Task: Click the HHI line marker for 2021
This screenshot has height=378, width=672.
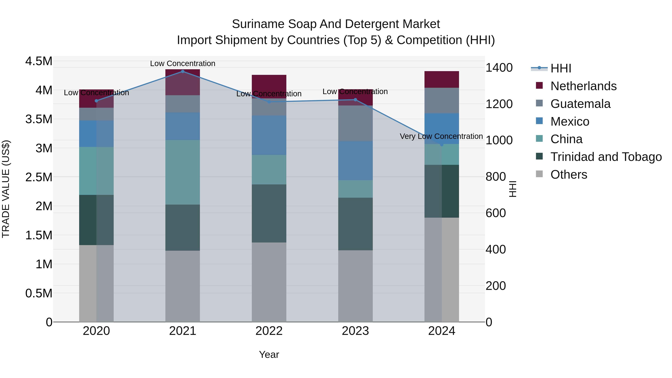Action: click(x=183, y=71)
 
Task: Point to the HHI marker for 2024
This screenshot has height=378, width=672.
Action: click(x=442, y=144)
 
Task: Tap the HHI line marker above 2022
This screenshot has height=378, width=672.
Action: click(x=269, y=102)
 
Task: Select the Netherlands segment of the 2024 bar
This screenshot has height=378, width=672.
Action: click(x=442, y=79)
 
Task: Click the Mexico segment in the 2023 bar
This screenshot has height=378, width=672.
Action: click(x=355, y=160)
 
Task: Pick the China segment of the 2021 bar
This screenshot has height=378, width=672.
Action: click(x=183, y=172)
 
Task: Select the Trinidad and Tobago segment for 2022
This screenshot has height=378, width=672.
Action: click(x=269, y=213)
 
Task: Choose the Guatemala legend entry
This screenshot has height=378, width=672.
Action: click(x=580, y=104)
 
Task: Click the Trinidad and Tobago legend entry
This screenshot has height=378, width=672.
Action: click(x=606, y=157)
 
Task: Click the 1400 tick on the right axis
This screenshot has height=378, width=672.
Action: click(x=499, y=68)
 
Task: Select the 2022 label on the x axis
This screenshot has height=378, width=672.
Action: click(x=269, y=331)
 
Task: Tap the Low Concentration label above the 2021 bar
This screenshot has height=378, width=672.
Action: click(x=183, y=63)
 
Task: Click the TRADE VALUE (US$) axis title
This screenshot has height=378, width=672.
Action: click(x=6, y=189)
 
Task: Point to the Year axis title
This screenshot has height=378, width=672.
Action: click(x=269, y=354)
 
